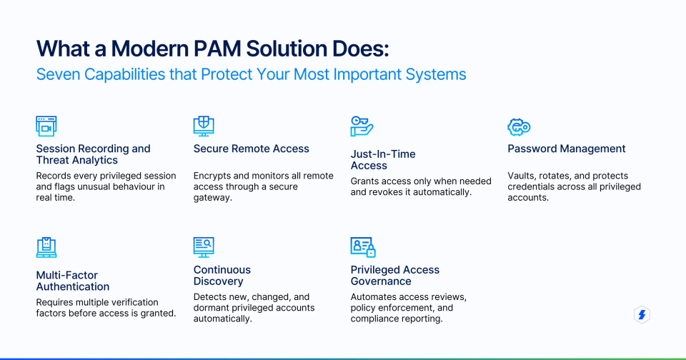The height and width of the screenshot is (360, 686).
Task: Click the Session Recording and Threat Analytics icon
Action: click(x=46, y=126)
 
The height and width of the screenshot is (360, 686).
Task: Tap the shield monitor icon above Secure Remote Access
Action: click(x=204, y=126)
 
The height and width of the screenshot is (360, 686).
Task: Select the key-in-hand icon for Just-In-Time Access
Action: click(x=362, y=126)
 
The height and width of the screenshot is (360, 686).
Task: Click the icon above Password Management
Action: click(x=518, y=126)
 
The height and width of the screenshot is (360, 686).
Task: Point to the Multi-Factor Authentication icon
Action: click(x=46, y=247)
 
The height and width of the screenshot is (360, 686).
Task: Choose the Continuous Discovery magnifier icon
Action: click(x=204, y=247)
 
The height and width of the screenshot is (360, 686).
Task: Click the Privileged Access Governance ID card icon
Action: click(x=362, y=247)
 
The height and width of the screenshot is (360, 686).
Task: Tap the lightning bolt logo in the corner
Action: click(x=642, y=315)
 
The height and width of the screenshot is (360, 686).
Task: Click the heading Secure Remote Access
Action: click(x=251, y=149)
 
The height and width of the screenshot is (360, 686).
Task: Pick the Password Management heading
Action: click(x=566, y=149)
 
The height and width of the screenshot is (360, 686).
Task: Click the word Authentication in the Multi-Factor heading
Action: click(x=72, y=286)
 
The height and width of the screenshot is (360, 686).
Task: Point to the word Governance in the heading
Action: click(x=381, y=281)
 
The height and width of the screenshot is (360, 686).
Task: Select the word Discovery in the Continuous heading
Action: click(x=219, y=281)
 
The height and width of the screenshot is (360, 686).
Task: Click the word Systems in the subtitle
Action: click(x=437, y=74)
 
